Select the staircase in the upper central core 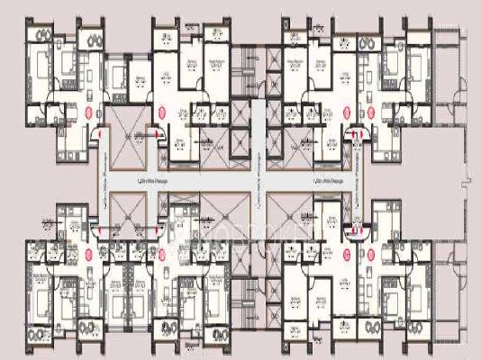[x=255, y=72]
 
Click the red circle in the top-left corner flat [x=88, y=112]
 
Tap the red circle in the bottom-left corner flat [x=88, y=241]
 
